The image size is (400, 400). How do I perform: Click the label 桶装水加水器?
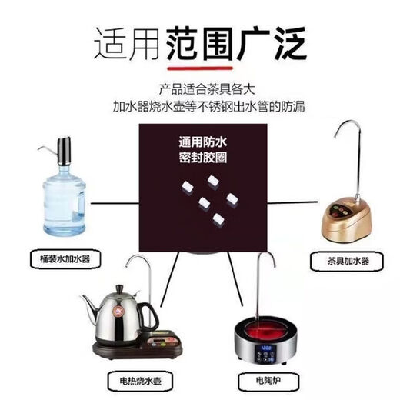(58, 259)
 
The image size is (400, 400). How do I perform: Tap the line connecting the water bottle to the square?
(114, 203)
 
